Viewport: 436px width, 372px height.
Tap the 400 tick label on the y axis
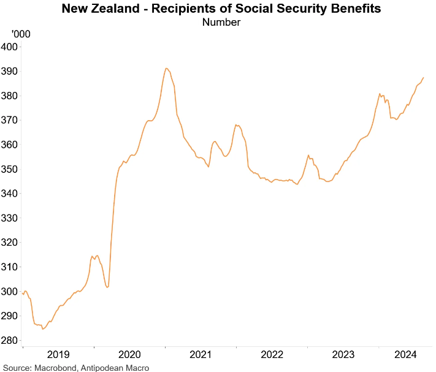pyautogui.click(x=10, y=47)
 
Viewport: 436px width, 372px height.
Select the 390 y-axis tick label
pyautogui.click(x=10, y=72)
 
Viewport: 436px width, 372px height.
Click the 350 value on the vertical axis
pyautogui.click(x=10, y=169)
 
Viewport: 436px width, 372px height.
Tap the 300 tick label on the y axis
pyautogui.click(x=10, y=291)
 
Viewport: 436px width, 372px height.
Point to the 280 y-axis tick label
pyautogui.click(x=10, y=340)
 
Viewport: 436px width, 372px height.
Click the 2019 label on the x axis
pyautogui.click(x=58, y=354)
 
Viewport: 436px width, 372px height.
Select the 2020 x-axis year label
pyautogui.click(x=130, y=354)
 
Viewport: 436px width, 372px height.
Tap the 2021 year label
pyautogui.click(x=201, y=354)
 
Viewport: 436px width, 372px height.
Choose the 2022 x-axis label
pyautogui.click(x=272, y=354)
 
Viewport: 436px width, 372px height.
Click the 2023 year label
pyautogui.click(x=343, y=354)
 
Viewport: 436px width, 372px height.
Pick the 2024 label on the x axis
pyautogui.click(x=407, y=354)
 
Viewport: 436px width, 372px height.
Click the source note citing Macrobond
pyautogui.click(x=76, y=368)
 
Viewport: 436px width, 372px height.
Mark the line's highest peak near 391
pyautogui.click(x=166, y=69)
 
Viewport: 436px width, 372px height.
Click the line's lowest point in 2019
pyautogui.click(x=43, y=329)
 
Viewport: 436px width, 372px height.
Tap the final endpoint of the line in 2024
pyautogui.click(x=424, y=78)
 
